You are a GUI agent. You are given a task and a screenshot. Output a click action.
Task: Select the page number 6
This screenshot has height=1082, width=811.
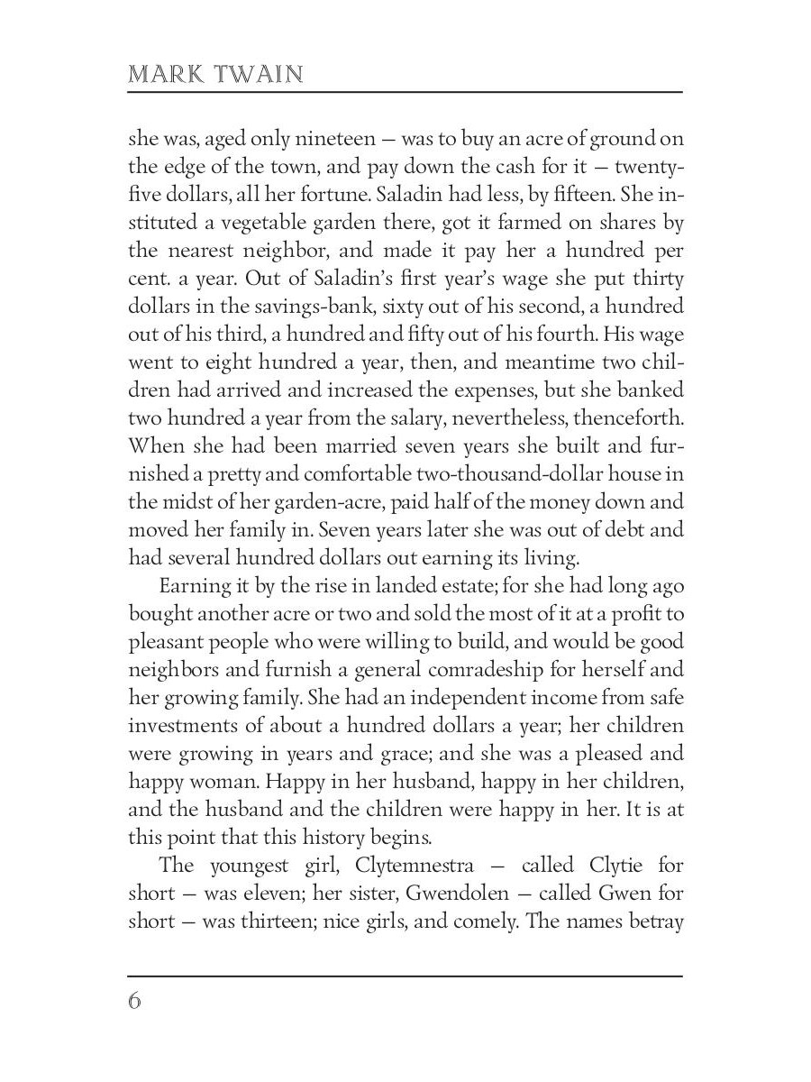coord(135,1002)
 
